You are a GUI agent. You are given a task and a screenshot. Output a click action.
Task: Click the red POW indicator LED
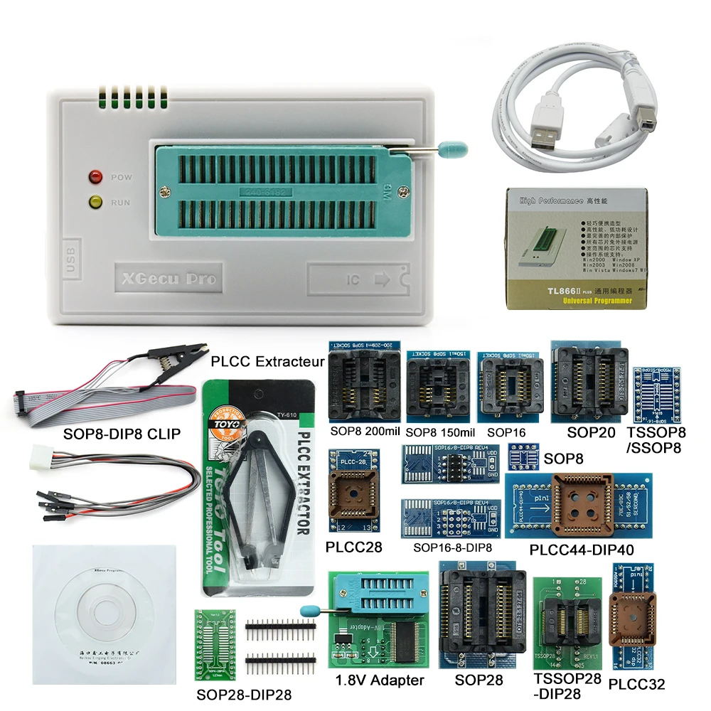click(94, 176)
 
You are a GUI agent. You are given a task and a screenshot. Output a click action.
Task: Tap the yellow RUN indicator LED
click(94, 202)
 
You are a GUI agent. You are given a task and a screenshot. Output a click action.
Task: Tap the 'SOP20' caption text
click(592, 432)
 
